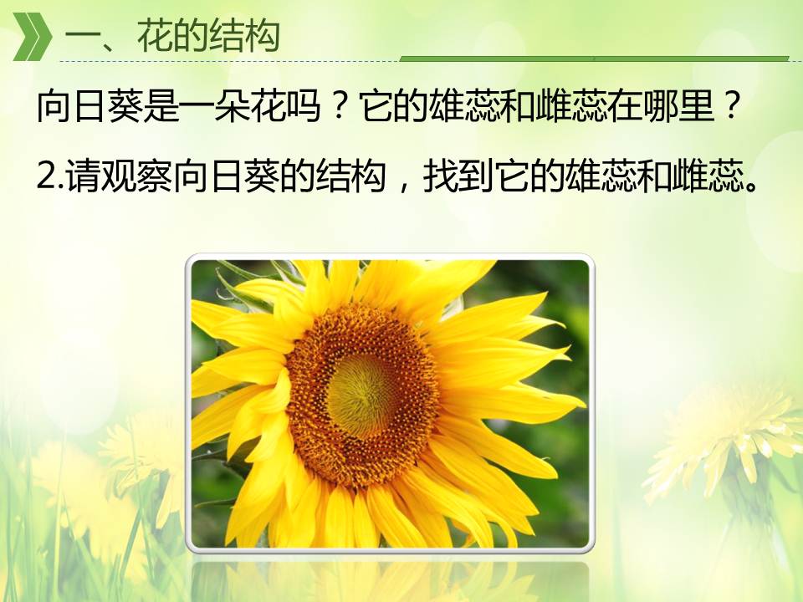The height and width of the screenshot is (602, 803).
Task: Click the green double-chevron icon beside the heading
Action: click(x=32, y=37)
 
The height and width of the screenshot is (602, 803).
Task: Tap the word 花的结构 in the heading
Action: click(x=208, y=36)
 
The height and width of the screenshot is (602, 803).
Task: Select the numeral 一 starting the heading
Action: click(x=82, y=38)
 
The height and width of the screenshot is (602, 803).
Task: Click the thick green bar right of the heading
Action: click(x=594, y=59)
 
